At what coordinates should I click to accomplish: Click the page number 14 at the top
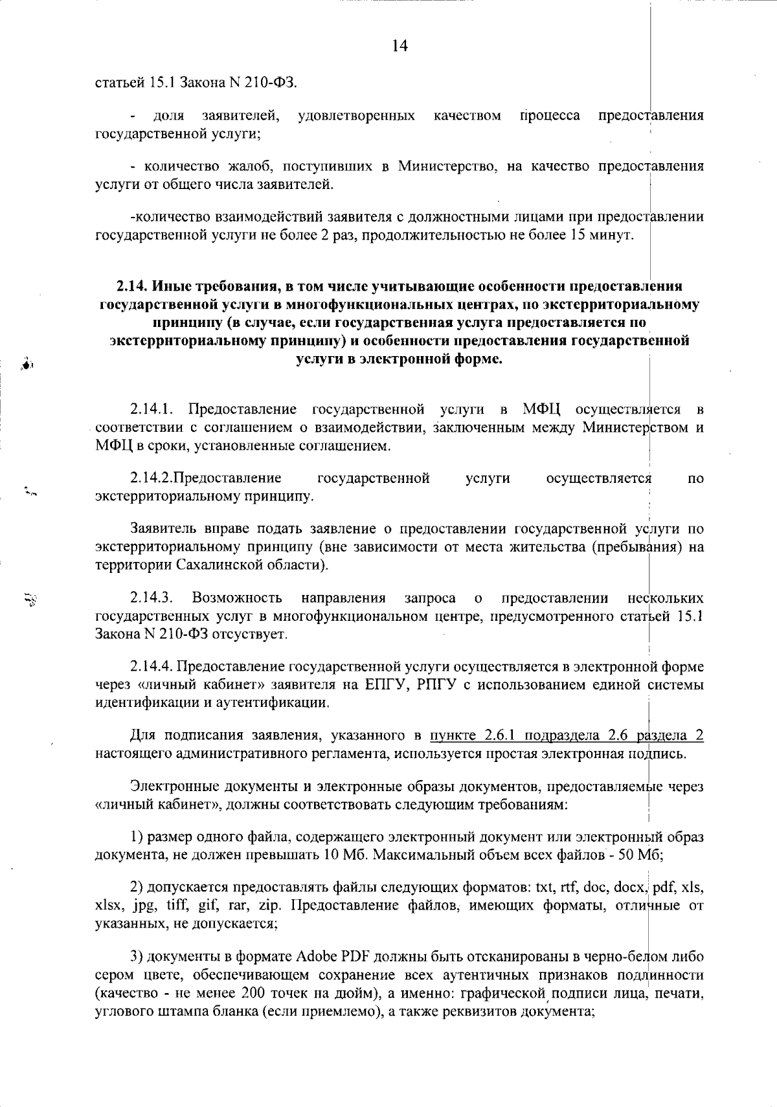(x=400, y=46)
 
